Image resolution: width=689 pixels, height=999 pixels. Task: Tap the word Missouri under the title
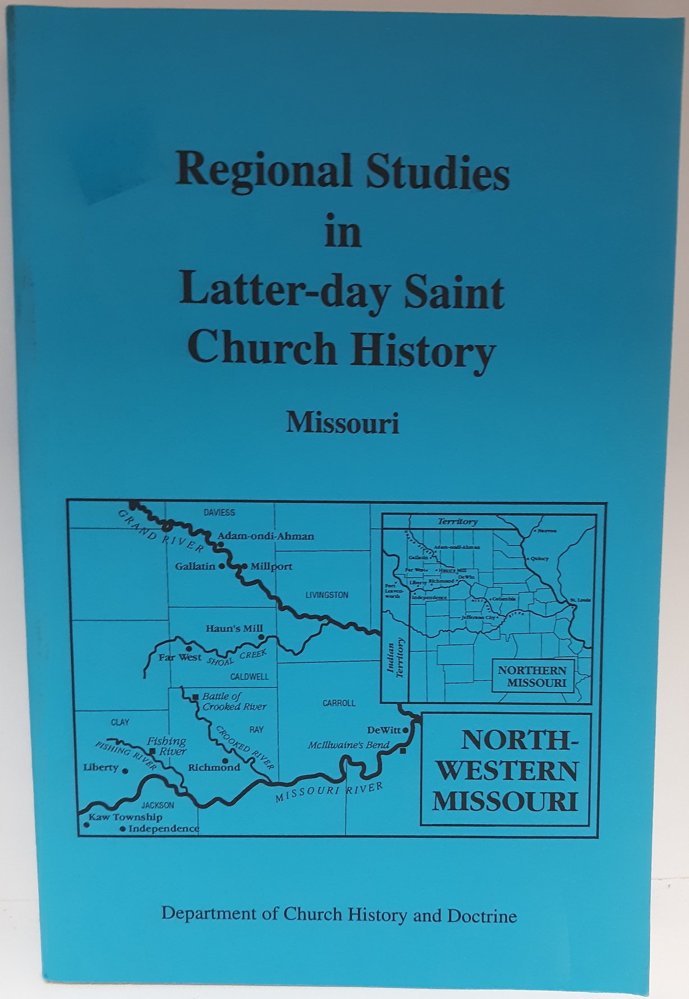(342, 423)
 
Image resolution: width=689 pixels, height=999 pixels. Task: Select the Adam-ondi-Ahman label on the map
(265, 536)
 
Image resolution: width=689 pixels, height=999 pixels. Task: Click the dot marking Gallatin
(222, 566)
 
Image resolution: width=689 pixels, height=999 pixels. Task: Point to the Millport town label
(271, 566)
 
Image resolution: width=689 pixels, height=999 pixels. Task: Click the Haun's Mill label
(234, 629)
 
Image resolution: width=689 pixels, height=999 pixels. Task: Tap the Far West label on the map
(180, 657)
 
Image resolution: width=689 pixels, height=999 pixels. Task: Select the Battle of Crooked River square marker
(195, 697)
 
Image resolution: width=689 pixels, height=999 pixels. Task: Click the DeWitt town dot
(406, 731)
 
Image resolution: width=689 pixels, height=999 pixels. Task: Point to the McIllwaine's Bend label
(348, 745)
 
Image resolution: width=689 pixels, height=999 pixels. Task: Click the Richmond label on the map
(214, 767)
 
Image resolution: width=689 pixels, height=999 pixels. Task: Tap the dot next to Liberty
(125, 771)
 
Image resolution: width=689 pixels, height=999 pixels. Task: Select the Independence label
(163, 828)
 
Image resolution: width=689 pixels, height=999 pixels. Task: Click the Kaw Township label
(125, 817)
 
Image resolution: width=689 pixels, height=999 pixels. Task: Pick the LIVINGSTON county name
(327, 595)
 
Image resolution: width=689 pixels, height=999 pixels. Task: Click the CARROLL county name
(339, 703)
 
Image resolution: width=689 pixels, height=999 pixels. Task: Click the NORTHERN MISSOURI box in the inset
(532, 676)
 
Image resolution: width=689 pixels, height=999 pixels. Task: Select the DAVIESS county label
(219, 512)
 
